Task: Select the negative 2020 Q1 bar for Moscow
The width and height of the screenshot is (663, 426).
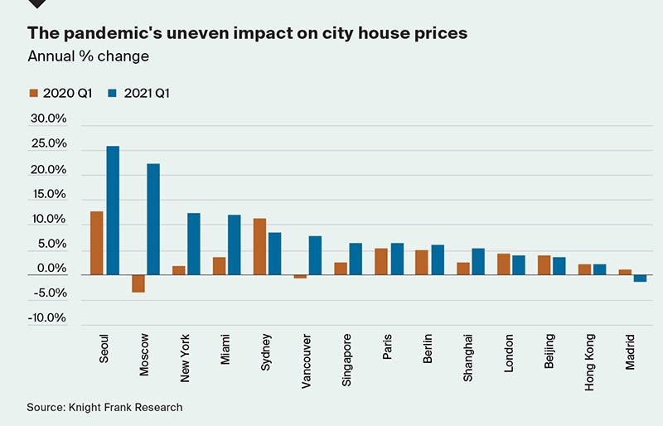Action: pos(138,283)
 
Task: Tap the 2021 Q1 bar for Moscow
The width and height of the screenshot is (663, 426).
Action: pos(153,219)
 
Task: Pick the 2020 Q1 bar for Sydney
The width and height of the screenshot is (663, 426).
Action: pos(259,246)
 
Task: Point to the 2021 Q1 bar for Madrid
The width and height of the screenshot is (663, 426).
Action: pos(640,278)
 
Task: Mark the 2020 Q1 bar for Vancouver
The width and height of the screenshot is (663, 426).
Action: pos(300,277)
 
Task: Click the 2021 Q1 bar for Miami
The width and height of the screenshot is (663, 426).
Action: pos(235,244)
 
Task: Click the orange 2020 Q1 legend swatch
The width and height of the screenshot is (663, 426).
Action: pos(33,93)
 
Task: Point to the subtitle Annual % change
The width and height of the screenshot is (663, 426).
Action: pos(88,56)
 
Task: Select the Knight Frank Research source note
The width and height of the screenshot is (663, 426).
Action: pos(104,407)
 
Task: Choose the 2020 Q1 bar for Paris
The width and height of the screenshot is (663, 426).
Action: pos(381,262)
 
